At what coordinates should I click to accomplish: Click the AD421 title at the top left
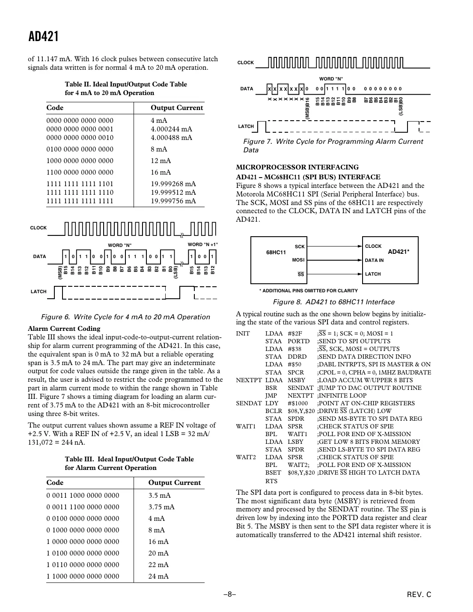(43, 37)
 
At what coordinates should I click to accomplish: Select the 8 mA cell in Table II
(159, 149)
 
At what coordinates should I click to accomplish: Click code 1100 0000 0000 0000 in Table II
(80, 172)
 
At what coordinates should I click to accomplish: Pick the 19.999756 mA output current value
(173, 201)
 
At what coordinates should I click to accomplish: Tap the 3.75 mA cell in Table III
(161, 507)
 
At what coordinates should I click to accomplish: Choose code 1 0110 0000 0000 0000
(83, 565)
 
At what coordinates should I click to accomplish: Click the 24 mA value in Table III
(158, 576)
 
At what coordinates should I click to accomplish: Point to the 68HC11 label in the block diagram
(276, 253)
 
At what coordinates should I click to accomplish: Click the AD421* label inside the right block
(399, 252)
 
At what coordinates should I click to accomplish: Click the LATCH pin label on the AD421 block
(372, 274)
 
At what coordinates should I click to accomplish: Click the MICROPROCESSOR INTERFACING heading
(297, 167)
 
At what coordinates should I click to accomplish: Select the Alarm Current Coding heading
(64, 329)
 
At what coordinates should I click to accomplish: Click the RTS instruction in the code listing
(271, 481)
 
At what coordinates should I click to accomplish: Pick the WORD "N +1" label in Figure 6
(203, 244)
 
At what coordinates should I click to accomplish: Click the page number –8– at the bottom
(229, 594)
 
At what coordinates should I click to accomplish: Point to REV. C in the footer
(419, 594)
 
